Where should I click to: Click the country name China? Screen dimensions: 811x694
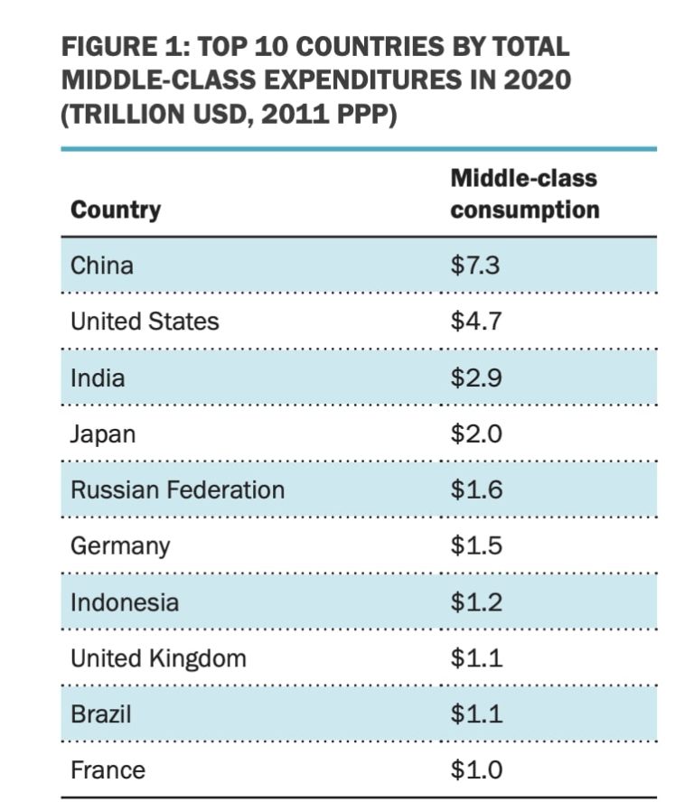pyautogui.click(x=101, y=266)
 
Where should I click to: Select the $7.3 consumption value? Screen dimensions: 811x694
pyautogui.click(x=475, y=266)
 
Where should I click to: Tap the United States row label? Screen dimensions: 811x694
pyautogui.click(x=145, y=322)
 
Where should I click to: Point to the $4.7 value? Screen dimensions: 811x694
pyautogui.click(x=475, y=322)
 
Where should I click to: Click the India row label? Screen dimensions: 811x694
pyautogui.click(x=97, y=378)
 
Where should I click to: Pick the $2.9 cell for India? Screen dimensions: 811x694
pyautogui.click(x=476, y=378)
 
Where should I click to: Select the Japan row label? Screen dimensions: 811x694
pyautogui.click(x=103, y=433)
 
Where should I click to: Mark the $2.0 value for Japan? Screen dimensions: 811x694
pyautogui.click(x=476, y=433)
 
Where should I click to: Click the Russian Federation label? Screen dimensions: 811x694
pyautogui.click(x=177, y=489)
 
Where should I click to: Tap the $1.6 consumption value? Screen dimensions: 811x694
pyautogui.click(x=476, y=489)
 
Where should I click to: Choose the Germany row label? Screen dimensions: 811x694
pyautogui.click(x=119, y=546)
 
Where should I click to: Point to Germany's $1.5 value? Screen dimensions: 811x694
pyautogui.click(x=476, y=545)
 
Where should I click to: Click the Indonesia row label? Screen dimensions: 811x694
pyautogui.click(x=125, y=602)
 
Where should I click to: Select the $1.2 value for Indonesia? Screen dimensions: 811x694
pyautogui.click(x=476, y=601)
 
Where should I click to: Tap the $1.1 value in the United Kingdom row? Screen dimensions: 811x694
pyautogui.click(x=476, y=658)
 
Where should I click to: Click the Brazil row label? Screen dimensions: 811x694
pyautogui.click(x=100, y=714)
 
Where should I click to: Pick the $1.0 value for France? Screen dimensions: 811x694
pyautogui.click(x=476, y=770)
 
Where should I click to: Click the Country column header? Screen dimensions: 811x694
pyautogui.click(x=116, y=210)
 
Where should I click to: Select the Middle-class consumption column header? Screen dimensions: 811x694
pyautogui.click(x=524, y=193)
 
